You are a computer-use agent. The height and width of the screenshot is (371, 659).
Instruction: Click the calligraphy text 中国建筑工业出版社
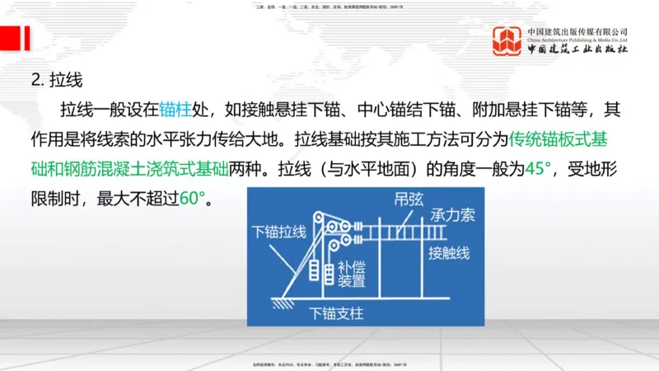click(577, 49)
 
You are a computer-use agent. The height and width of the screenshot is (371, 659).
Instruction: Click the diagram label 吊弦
click(408, 201)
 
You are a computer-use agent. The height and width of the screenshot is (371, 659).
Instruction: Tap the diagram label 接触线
click(450, 254)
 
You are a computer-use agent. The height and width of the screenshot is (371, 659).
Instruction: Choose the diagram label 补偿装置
click(353, 275)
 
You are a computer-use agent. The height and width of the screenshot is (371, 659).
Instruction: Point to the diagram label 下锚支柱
click(336, 313)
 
